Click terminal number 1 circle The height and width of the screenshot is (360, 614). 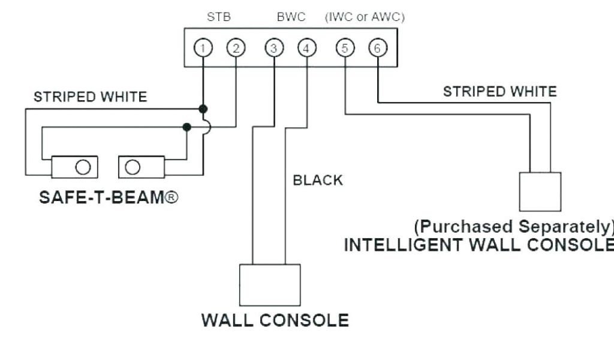[x=204, y=48]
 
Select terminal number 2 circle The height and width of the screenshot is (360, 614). [x=236, y=48]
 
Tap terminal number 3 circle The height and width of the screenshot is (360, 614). [x=274, y=48]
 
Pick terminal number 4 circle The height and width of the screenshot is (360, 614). [x=306, y=48]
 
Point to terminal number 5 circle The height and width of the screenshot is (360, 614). [x=345, y=48]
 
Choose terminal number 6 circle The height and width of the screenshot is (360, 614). [x=377, y=48]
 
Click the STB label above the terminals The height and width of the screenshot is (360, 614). [x=219, y=17]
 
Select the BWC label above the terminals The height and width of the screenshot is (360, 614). [x=291, y=17]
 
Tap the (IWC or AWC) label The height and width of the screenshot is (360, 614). [x=365, y=17]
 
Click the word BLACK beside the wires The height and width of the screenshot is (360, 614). [x=318, y=180]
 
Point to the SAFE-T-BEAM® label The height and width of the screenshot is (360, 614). [x=109, y=197]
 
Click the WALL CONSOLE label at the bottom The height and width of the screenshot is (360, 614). [x=275, y=320]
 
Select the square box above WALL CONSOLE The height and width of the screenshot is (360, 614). [x=270, y=285]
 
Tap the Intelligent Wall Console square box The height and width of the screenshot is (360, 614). [x=540, y=191]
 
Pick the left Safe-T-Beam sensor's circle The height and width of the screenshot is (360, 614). [x=84, y=166]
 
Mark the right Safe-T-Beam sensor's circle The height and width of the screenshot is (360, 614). [x=133, y=166]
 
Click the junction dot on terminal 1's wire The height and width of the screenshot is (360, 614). [x=204, y=109]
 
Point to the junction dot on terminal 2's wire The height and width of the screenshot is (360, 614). [x=187, y=127]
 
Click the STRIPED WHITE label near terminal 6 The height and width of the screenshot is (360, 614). [x=499, y=92]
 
